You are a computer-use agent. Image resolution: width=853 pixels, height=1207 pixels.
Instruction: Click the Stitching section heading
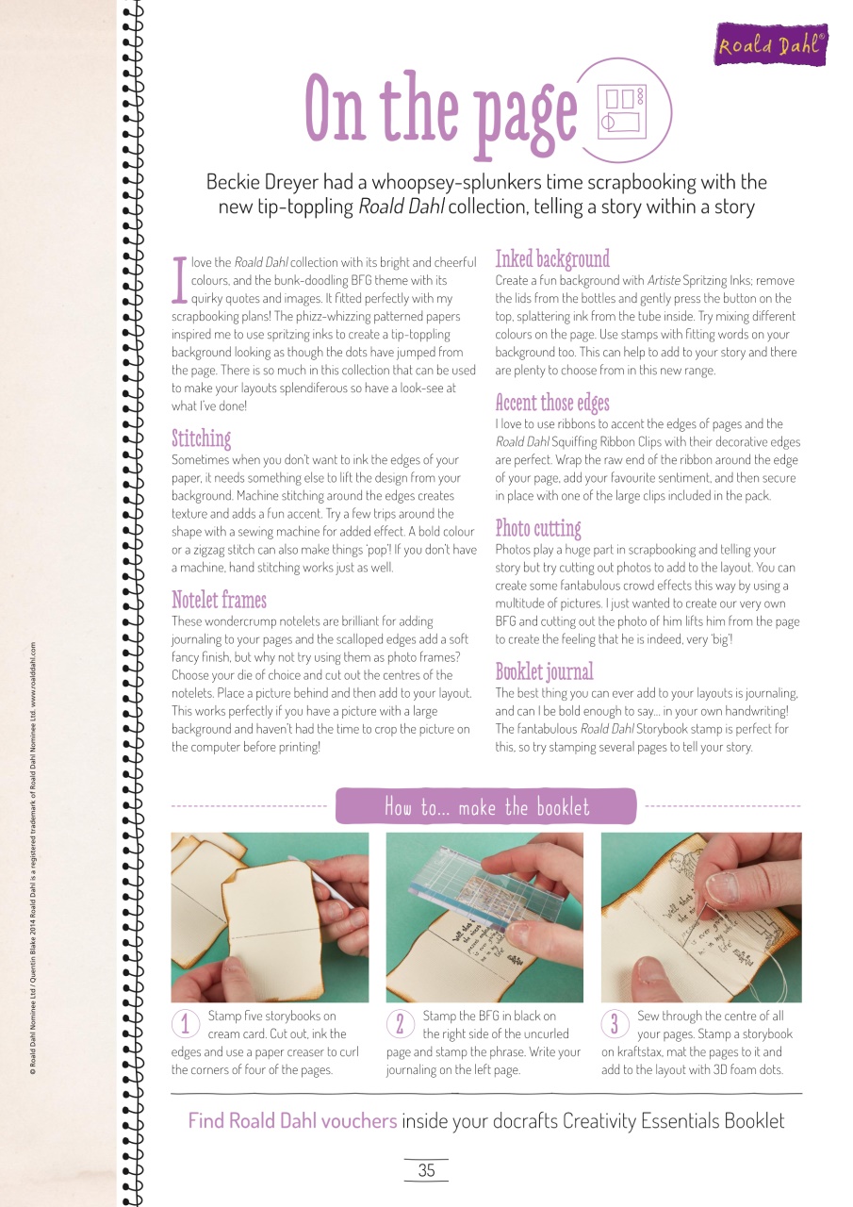click(201, 438)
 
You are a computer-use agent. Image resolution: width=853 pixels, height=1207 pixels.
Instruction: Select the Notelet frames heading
click(219, 600)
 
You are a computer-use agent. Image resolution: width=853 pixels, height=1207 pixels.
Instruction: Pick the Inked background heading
click(552, 258)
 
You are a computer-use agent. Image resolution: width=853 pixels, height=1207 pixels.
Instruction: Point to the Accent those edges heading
click(552, 404)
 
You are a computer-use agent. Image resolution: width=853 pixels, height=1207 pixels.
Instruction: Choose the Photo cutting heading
click(538, 528)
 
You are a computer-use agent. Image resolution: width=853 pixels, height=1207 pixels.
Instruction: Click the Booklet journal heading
click(544, 671)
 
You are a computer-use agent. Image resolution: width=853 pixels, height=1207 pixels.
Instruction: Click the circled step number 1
click(186, 1024)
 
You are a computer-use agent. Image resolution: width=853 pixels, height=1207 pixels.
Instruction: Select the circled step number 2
click(401, 1024)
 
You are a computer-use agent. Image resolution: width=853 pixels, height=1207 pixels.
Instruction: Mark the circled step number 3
click(615, 1024)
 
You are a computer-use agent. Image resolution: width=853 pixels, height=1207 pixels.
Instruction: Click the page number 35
click(426, 1170)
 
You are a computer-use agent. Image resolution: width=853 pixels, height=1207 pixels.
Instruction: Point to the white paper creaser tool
click(317, 877)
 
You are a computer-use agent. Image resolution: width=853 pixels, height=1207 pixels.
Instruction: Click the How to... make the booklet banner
click(486, 807)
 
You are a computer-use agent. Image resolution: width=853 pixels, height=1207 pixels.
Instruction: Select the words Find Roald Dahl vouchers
click(292, 1121)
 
